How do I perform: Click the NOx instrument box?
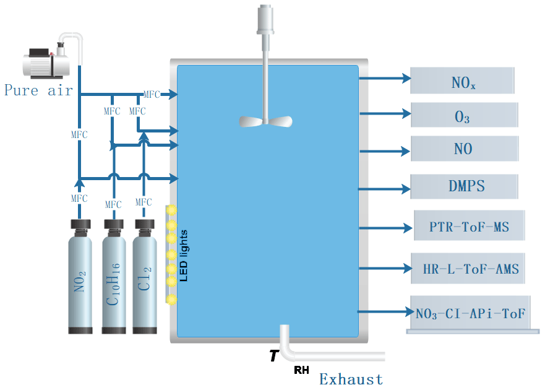[x=462, y=80]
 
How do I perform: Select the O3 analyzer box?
[x=464, y=115]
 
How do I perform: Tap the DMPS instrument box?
[x=464, y=186]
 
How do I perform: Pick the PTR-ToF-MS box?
[x=470, y=227]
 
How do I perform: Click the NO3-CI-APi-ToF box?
[x=471, y=314]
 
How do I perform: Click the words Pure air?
[x=38, y=90]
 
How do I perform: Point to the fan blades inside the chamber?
[x=265, y=121]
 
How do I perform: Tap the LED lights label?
[x=183, y=256]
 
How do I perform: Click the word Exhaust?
[x=351, y=379]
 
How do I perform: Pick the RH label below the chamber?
[x=301, y=371]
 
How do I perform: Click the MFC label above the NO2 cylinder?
[x=79, y=198]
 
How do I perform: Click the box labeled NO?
[x=464, y=149]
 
